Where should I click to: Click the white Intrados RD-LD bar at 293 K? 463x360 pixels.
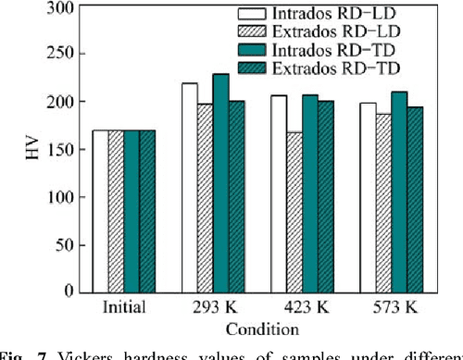190,188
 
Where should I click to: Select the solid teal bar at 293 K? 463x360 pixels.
220,183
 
